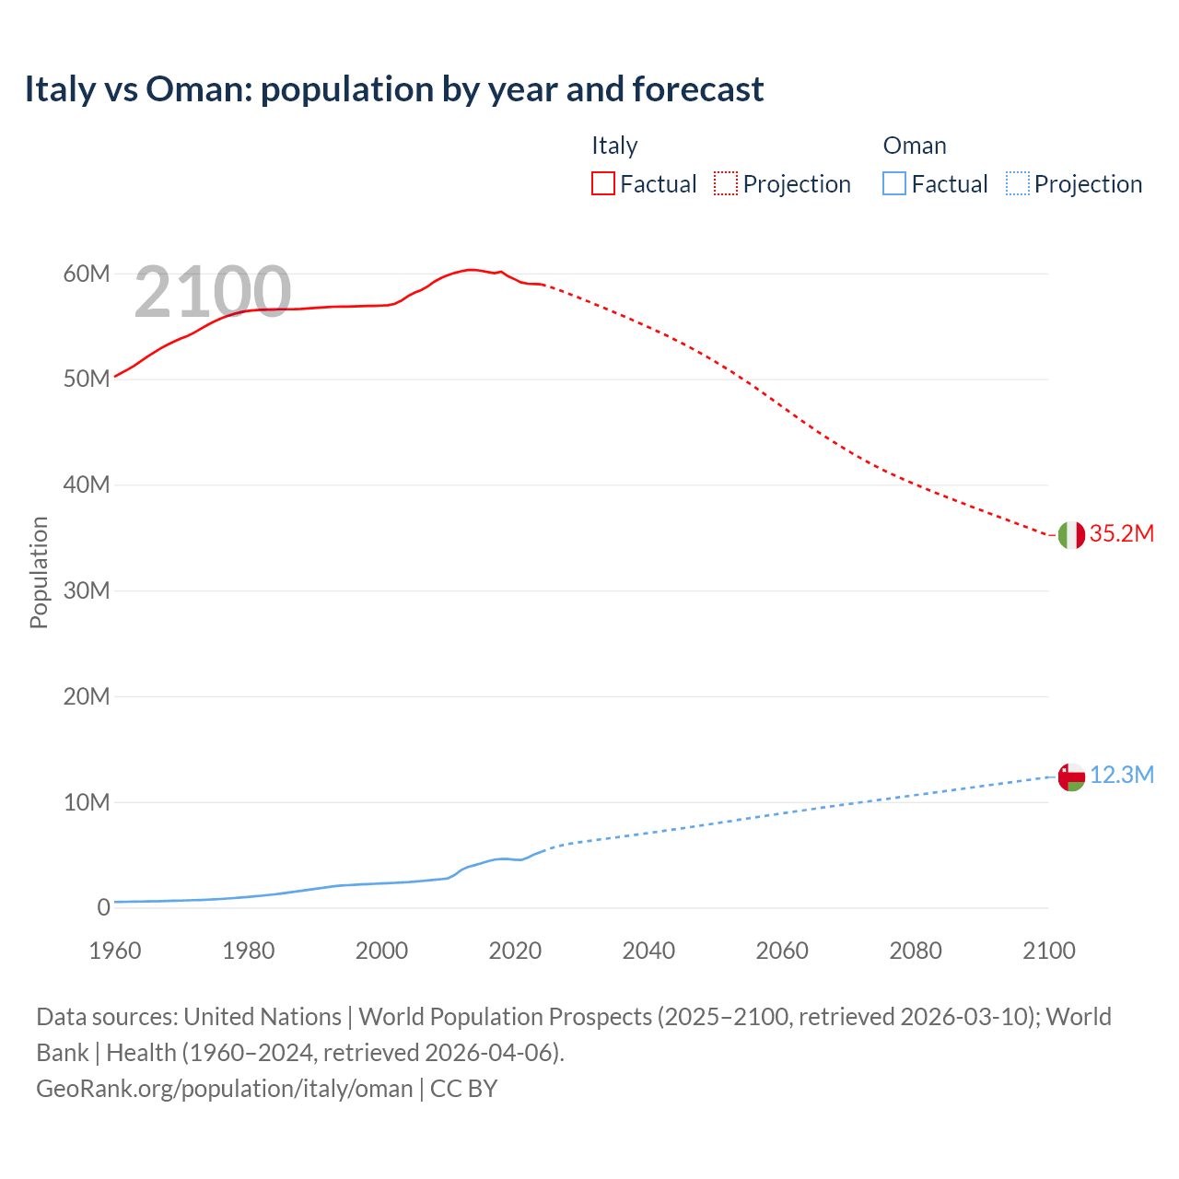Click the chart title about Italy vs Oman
click(394, 89)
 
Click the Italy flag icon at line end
click(1071, 534)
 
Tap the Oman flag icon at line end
click(1071, 776)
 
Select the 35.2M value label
click(1121, 534)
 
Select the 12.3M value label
click(1121, 776)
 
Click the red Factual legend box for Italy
click(603, 184)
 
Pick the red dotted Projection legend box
click(726, 184)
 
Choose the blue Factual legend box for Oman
click(894, 184)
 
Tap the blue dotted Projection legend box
click(1018, 184)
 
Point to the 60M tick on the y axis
click(87, 274)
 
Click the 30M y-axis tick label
click(87, 590)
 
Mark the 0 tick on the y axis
click(103, 907)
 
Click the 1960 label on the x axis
click(115, 951)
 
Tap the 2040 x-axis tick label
click(648, 951)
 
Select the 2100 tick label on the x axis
click(1048, 951)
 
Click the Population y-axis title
click(39, 572)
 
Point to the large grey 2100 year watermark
click(213, 292)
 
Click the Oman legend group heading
click(915, 146)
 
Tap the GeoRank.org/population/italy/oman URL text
click(225, 1089)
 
